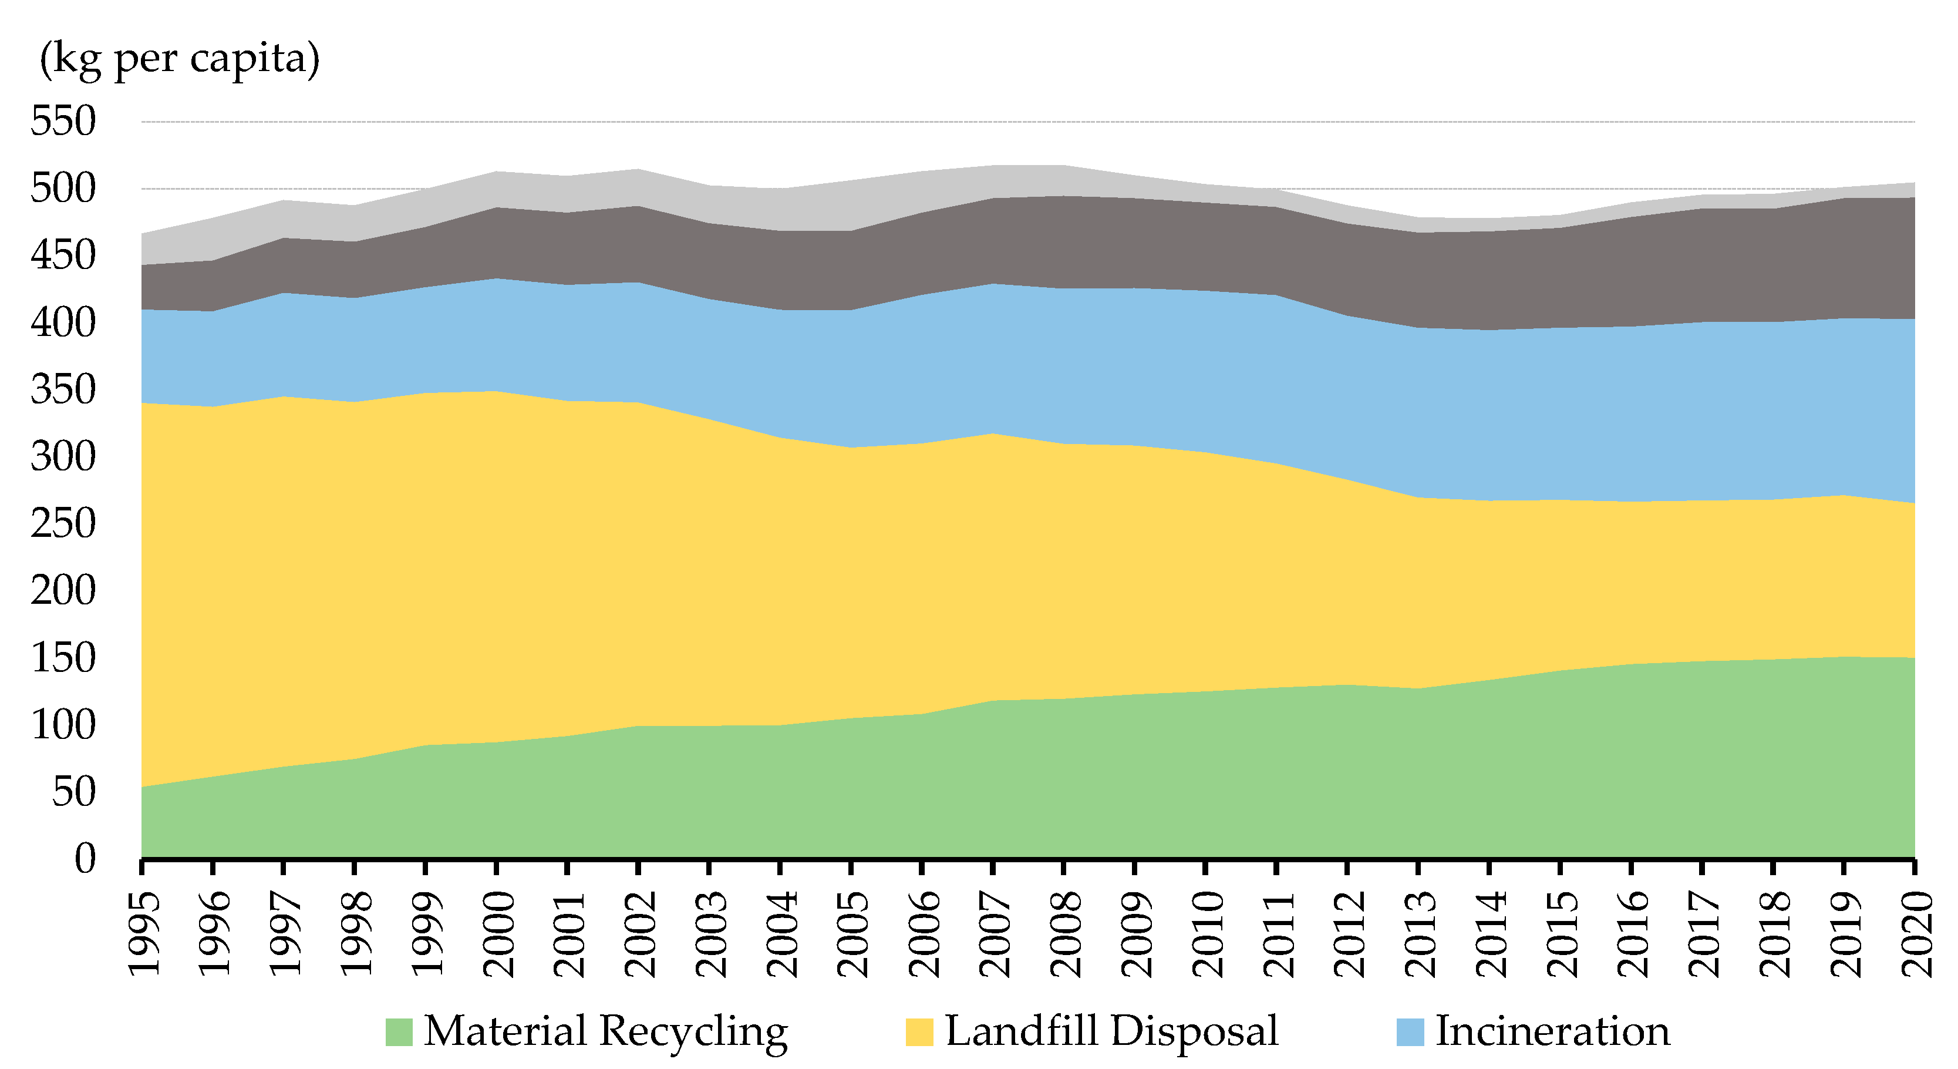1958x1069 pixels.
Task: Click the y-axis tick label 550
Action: click(x=63, y=122)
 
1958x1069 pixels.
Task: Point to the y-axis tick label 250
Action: click(x=63, y=524)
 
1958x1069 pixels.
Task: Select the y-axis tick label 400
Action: click(x=63, y=323)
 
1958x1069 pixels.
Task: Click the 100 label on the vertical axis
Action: click(x=63, y=725)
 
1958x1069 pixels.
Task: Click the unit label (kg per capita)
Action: click(x=180, y=59)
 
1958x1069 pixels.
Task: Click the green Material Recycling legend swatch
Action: click(x=399, y=1032)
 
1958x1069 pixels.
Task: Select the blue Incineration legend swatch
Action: click(x=1410, y=1032)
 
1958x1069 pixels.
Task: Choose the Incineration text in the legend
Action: click(x=1552, y=1032)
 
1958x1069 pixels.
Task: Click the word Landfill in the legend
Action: click(x=1021, y=1032)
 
